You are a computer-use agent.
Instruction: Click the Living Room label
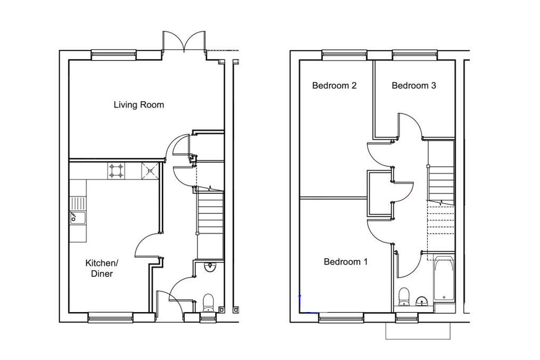click(139, 104)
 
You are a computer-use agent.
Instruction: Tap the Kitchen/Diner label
click(102, 268)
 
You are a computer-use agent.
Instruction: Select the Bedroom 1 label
click(346, 262)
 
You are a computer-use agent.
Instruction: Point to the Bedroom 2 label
click(334, 85)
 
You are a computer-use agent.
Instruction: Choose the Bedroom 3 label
click(414, 85)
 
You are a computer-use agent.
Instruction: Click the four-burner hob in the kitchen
click(116, 171)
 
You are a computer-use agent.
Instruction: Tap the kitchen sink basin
click(78, 217)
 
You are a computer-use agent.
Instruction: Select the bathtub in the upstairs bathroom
click(444, 279)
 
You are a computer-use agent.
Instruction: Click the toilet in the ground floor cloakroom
click(208, 302)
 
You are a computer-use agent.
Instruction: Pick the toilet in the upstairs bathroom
click(404, 297)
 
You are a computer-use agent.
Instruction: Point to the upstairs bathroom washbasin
click(422, 301)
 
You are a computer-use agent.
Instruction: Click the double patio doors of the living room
click(184, 42)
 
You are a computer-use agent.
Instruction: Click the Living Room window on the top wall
click(113, 55)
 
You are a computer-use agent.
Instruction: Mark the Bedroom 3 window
click(415, 55)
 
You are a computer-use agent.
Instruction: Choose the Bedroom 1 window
click(341, 317)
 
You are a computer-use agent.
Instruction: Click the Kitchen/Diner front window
click(110, 317)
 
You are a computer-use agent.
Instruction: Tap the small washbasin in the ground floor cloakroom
click(209, 267)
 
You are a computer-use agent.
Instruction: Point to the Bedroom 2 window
click(345, 55)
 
